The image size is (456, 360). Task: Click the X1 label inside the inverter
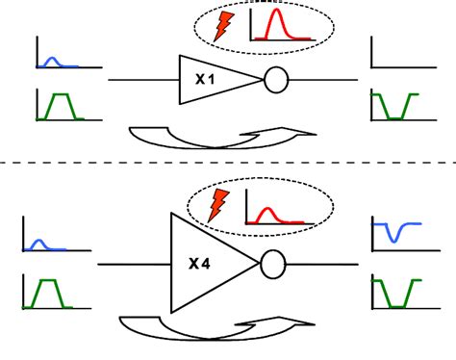(205, 79)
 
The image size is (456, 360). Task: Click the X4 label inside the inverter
(199, 264)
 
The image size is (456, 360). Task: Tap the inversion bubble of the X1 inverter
(276, 80)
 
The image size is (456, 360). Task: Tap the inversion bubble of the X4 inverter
(273, 264)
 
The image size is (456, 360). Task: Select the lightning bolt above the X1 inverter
(223, 26)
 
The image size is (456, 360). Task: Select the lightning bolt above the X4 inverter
(218, 205)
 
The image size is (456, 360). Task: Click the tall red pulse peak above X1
(276, 10)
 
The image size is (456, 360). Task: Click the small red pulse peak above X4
(266, 209)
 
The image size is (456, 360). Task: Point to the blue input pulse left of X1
(52, 59)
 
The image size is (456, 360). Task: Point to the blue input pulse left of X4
(39, 241)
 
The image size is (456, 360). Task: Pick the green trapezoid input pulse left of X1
(61, 94)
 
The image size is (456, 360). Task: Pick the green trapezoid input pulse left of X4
(48, 280)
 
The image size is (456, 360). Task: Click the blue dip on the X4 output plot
(394, 241)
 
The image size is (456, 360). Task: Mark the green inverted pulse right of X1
(395, 118)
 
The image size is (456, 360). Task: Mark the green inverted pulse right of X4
(397, 307)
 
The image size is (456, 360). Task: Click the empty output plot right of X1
(404, 67)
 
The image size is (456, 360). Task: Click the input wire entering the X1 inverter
(143, 80)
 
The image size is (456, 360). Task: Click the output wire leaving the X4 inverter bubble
(321, 265)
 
